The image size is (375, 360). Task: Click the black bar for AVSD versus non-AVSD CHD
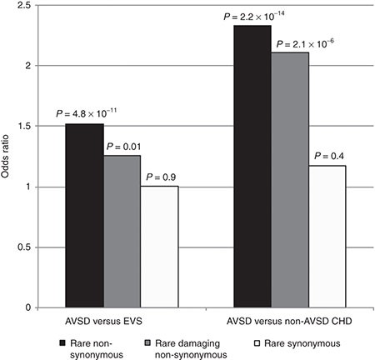click(252, 166)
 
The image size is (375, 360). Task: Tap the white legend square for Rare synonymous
click(259, 342)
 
